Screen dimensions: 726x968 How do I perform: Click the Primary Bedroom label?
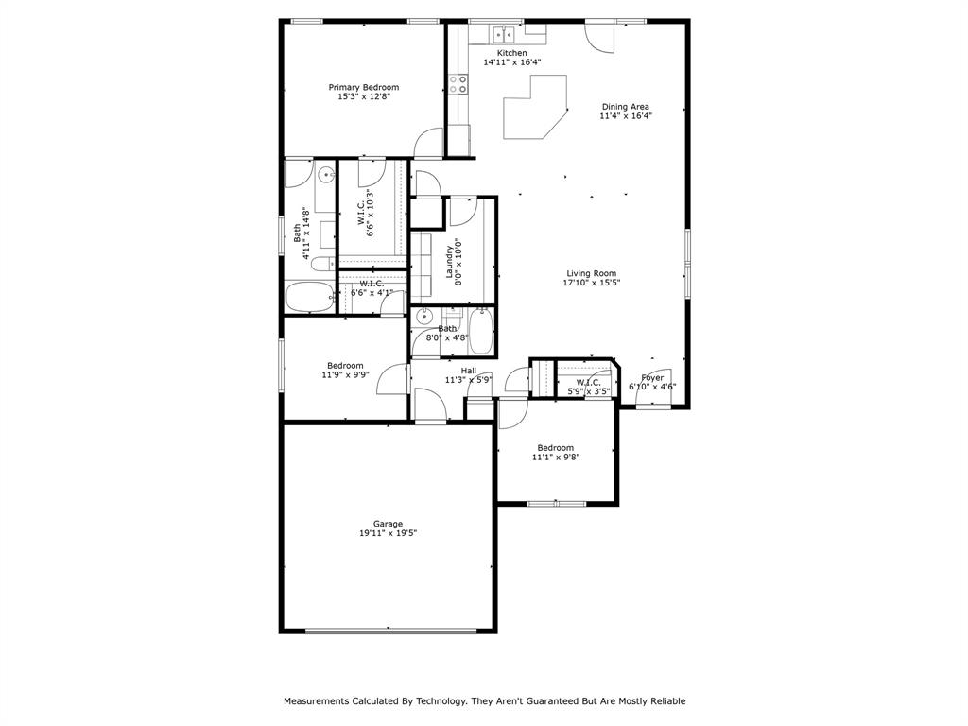(363, 87)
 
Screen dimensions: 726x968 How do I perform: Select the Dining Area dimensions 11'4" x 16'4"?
(626, 116)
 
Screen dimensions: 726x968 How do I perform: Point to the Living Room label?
(591, 274)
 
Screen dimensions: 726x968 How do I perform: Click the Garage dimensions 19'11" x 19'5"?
(388, 533)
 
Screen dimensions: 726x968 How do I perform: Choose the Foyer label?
(652, 378)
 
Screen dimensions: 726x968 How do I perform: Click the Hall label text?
(469, 371)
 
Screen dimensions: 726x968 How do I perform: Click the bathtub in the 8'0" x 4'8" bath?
(480, 331)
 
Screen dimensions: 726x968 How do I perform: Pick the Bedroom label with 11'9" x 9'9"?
(345, 366)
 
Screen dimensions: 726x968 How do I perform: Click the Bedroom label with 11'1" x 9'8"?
(555, 448)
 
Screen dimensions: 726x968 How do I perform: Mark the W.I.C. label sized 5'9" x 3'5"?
(588, 382)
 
